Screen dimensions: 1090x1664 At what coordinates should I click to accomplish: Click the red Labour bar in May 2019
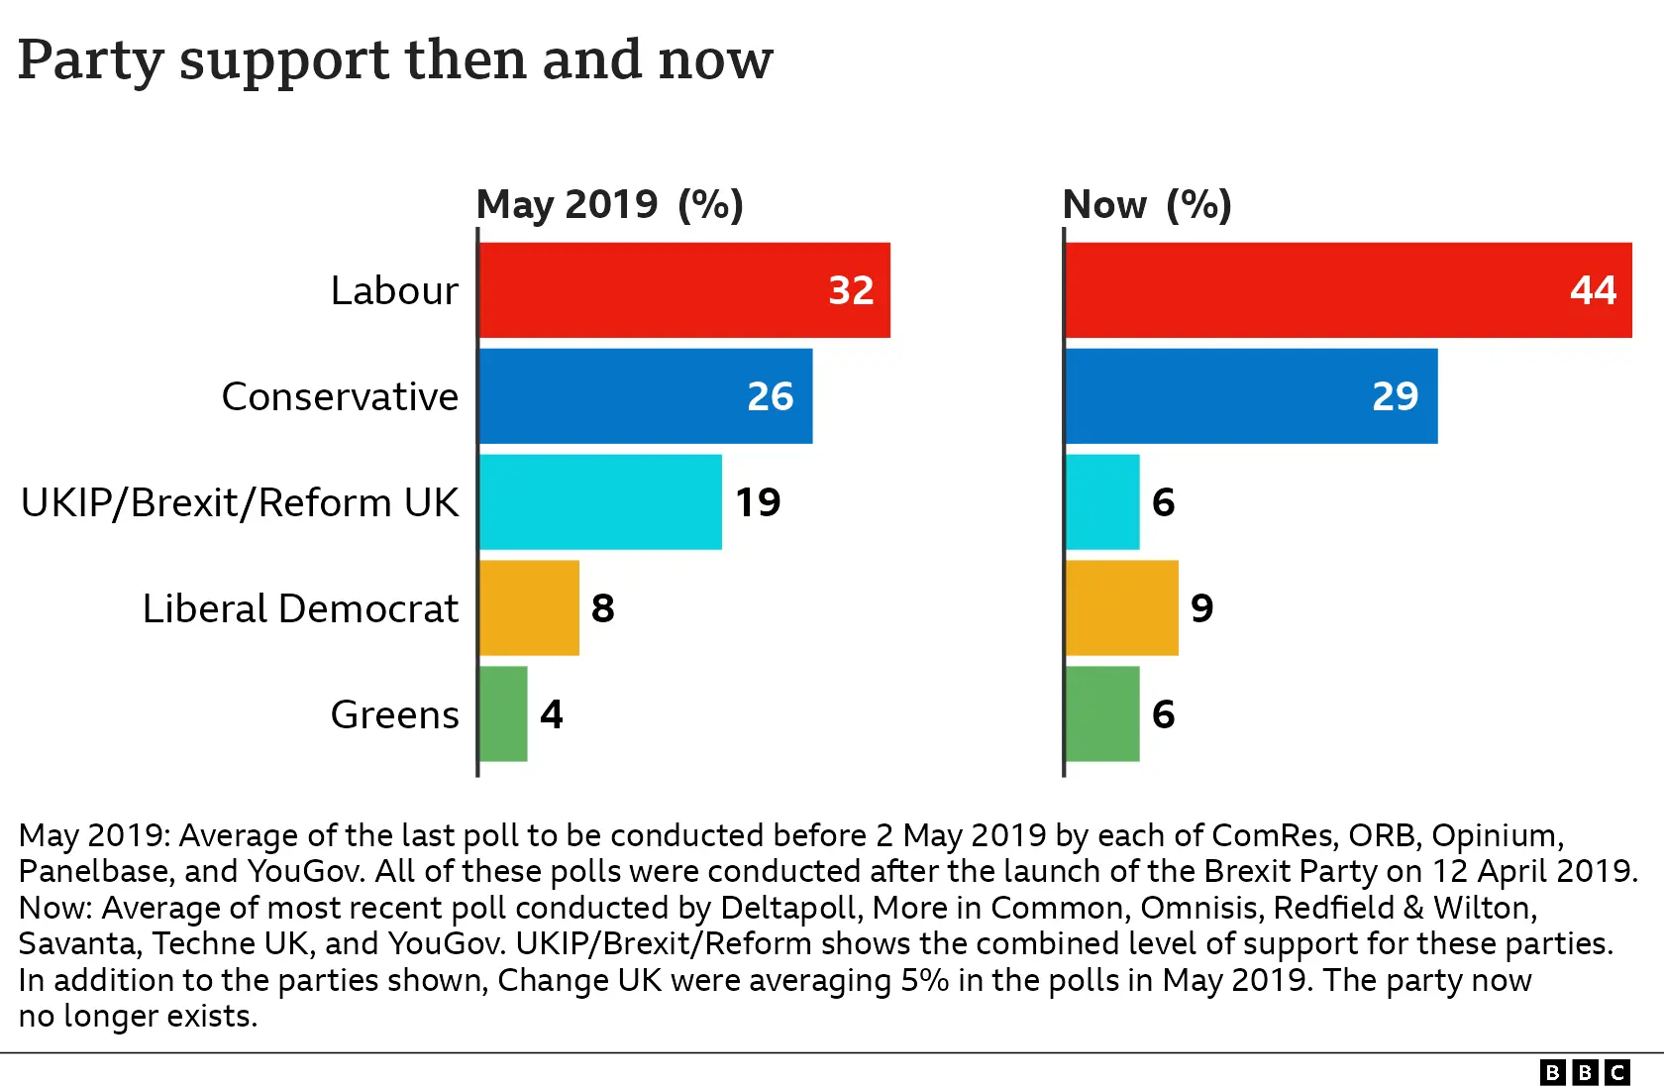pos(683,290)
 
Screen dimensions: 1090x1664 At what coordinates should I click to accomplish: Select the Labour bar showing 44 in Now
pos(1347,290)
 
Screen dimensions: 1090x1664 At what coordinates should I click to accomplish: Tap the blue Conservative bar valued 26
pos(644,396)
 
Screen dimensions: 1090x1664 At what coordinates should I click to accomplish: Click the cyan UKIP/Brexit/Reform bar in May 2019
pos(600,502)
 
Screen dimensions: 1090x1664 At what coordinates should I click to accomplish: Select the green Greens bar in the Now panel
pos(1102,713)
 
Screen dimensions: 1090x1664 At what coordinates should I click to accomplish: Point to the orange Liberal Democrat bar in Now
pos(1121,607)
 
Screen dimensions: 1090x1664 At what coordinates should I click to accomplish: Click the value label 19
pos(758,502)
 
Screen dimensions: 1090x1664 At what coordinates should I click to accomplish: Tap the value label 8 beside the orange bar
pos(602,608)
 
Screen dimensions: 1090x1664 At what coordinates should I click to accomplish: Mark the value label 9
pos(1201,608)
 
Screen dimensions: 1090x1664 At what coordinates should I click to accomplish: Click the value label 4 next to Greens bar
pos(552,714)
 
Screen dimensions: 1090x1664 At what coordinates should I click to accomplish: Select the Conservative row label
pos(340,396)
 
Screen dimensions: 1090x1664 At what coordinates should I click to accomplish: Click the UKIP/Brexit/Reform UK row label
pos(240,502)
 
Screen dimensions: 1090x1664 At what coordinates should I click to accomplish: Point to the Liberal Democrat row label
pos(300,608)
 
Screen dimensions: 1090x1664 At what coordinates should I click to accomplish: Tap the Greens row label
pos(394,714)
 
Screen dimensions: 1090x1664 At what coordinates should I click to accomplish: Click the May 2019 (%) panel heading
pos(609,204)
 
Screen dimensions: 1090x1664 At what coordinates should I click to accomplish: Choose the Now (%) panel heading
pos(1146,204)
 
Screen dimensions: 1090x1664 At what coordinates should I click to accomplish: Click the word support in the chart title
pos(284,61)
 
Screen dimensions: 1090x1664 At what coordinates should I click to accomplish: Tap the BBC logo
pos(1585,1072)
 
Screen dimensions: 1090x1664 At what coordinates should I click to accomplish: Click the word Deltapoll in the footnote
pos(787,908)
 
